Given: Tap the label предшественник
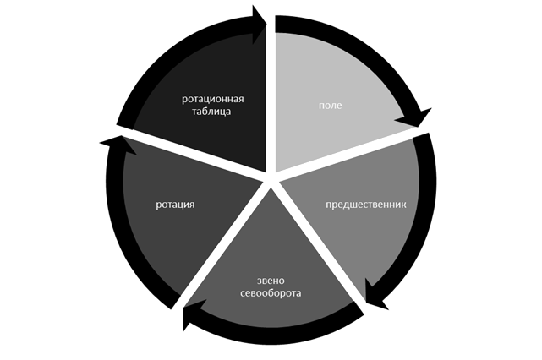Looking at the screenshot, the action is tap(366, 205).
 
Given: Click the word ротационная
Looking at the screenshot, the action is tap(218, 99).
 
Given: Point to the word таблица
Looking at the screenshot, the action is tap(218, 111).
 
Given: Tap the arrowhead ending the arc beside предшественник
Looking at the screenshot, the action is tap(375, 295).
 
